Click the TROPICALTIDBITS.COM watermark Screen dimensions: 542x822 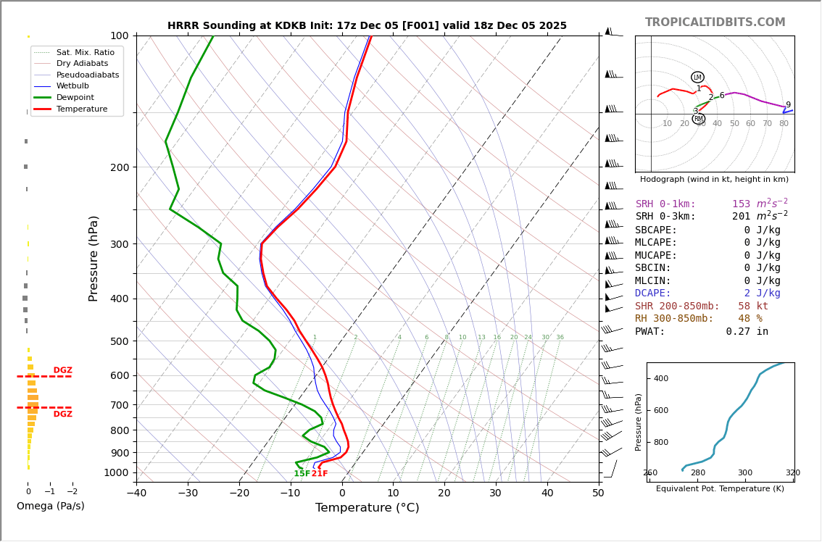[715, 22]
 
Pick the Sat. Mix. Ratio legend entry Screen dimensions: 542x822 [85, 52]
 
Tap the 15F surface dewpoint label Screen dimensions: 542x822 [302, 474]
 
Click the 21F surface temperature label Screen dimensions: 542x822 [320, 474]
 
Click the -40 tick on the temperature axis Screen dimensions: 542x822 [136, 493]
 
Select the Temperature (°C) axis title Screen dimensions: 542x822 [367, 508]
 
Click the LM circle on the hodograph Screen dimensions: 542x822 [697, 78]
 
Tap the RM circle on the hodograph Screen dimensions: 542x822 [698, 119]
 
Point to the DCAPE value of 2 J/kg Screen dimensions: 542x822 [762, 293]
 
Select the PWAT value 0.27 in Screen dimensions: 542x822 [747, 332]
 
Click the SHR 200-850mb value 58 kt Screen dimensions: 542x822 [753, 307]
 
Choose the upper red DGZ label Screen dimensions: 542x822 [62, 370]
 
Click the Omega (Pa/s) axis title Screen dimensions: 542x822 [50, 506]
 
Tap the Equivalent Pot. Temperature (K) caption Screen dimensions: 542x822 [720, 489]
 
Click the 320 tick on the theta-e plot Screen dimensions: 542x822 [792, 473]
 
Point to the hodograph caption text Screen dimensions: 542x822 [714, 179]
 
